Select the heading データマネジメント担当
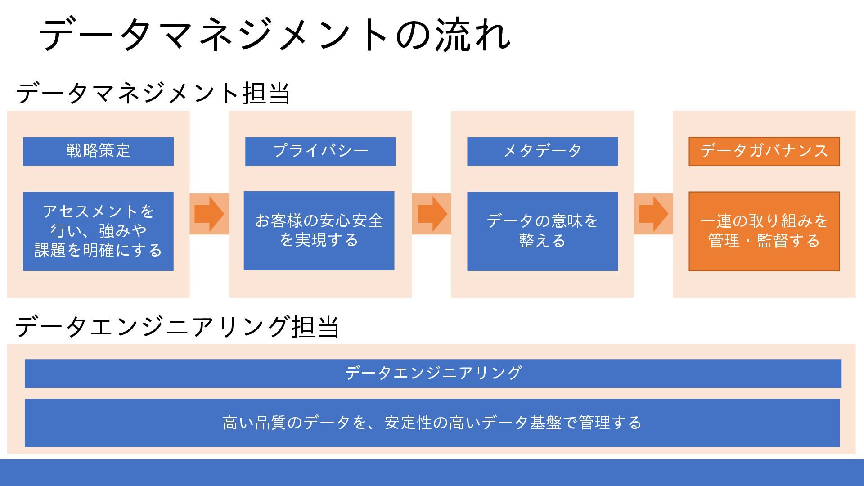pyautogui.click(x=153, y=93)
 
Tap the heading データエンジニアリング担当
pyautogui.click(x=177, y=326)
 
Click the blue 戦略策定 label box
pyautogui.click(x=98, y=151)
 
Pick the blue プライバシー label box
pyautogui.click(x=320, y=151)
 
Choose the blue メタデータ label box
pyautogui.click(x=542, y=151)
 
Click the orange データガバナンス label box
pyautogui.click(x=764, y=151)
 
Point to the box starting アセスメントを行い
pyautogui.click(x=98, y=231)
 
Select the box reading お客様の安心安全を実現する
pyautogui.click(x=319, y=231)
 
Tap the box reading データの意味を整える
pyautogui.click(x=542, y=231)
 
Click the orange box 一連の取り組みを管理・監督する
pyautogui.click(x=764, y=231)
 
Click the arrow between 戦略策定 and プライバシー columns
pyautogui.click(x=209, y=214)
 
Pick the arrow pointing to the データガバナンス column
pyautogui.click(x=653, y=214)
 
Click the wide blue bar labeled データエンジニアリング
pyautogui.click(x=433, y=373)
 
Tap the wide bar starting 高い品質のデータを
pyautogui.click(x=432, y=423)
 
